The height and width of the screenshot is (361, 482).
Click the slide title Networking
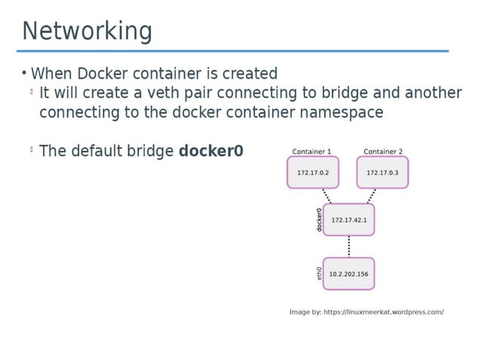87,31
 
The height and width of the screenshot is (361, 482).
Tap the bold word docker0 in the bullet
211,151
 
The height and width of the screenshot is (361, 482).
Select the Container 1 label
311,151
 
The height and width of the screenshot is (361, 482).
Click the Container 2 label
383,151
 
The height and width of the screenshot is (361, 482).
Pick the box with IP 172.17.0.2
312,173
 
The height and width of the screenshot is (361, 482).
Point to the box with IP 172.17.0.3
382,173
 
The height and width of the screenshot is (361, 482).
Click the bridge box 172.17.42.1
348,220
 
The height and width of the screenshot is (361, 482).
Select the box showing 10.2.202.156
348,274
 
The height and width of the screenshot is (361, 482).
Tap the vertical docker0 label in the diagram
319,220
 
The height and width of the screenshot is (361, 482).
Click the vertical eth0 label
319,273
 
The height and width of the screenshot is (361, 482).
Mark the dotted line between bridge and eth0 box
348,246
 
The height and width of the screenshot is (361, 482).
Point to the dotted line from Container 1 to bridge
327,196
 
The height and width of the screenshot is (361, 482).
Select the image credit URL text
366,311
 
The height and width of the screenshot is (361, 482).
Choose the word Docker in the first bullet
100,73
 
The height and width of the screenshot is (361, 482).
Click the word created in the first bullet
249,73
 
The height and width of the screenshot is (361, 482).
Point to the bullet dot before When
24,73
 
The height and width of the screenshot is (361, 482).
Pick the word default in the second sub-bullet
99,151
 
